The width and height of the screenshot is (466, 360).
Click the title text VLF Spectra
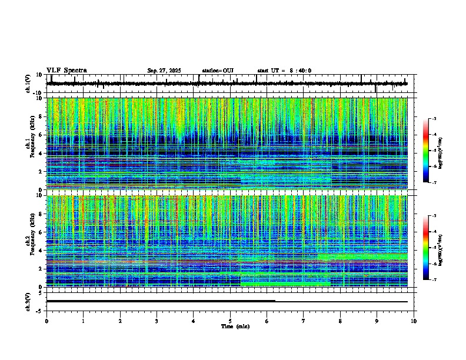tap(66, 71)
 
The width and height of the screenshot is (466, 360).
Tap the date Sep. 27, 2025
tap(164, 71)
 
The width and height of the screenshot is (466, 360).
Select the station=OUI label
tap(218, 71)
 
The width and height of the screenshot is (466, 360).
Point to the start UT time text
tap(284, 71)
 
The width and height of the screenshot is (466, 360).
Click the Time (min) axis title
tap(230, 326)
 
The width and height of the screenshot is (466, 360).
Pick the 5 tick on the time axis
tap(230, 321)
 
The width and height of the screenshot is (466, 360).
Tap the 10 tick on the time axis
tap(414, 321)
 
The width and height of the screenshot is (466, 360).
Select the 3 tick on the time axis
tap(157, 321)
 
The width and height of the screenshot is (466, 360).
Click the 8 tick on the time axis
tap(341, 321)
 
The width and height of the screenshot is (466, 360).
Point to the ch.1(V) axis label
tap(29, 84)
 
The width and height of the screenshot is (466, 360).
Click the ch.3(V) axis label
tap(29, 301)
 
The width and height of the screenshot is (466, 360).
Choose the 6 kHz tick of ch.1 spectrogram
tap(41, 135)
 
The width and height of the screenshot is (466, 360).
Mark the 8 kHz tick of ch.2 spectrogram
tap(41, 214)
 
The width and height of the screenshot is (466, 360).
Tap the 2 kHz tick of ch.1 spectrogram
tap(41, 171)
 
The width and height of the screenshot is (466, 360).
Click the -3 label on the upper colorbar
tap(434, 119)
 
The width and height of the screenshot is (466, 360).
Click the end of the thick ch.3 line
tap(275, 301)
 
